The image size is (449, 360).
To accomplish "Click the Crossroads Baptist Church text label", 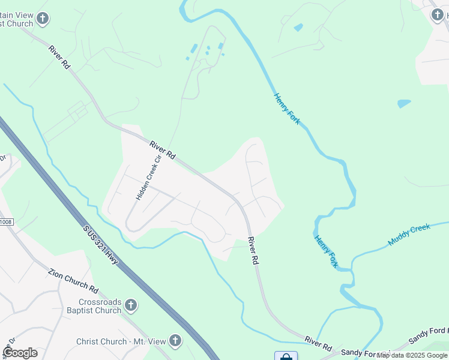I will tap(100, 306).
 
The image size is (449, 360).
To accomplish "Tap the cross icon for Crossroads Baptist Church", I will tap(131, 306).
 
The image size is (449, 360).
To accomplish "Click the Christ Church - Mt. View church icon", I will tap(175, 341).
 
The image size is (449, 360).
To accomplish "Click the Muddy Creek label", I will tap(409, 235).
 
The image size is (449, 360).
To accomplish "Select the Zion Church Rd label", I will tap(72, 280).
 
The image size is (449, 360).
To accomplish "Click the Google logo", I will tap(20, 353).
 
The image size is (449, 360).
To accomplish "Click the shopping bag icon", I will tap(286, 356).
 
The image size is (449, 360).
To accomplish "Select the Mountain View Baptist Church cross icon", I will tap(42, 19).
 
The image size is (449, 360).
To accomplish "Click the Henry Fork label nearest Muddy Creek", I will tap(325, 251).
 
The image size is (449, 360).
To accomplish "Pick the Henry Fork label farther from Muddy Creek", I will tap(287, 109).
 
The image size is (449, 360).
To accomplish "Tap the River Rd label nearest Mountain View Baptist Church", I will tap(59, 57).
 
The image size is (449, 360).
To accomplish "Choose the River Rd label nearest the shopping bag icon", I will tap(318, 343).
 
